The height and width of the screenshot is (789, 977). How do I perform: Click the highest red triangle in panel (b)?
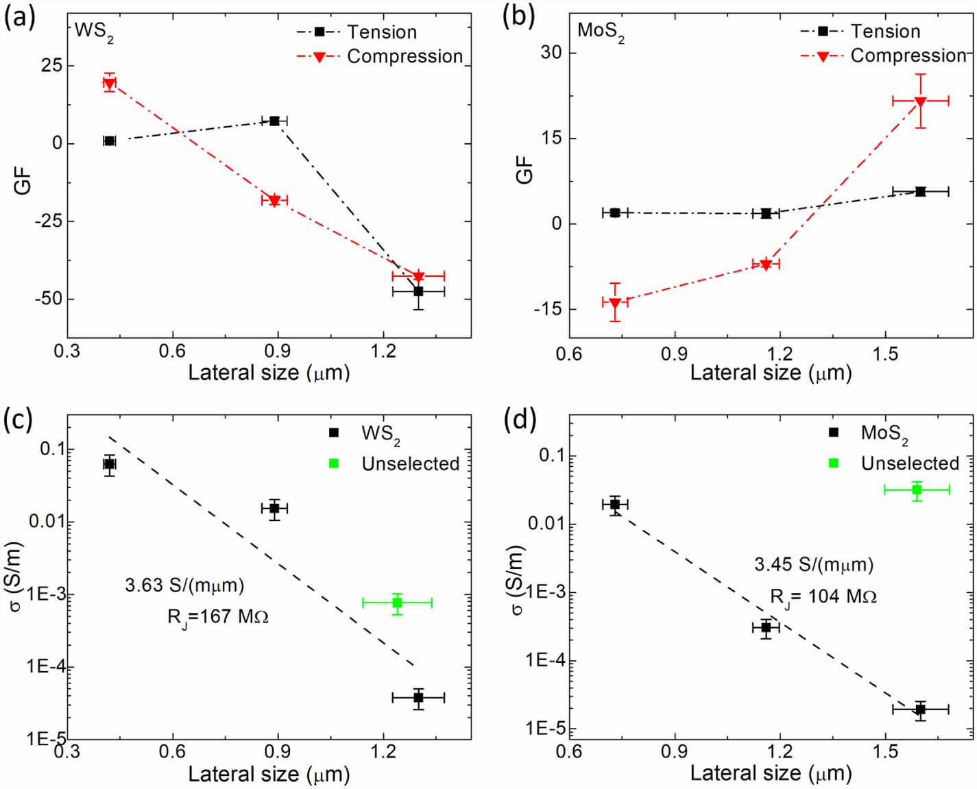pyautogui.click(x=920, y=101)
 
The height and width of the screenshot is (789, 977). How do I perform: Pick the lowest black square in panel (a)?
pyautogui.click(x=418, y=291)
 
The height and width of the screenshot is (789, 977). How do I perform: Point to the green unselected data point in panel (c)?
pyautogui.click(x=397, y=603)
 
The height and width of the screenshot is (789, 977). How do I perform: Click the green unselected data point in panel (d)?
pyautogui.click(x=917, y=489)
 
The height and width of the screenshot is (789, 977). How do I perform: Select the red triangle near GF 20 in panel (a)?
pyautogui.click(x=109, y=83)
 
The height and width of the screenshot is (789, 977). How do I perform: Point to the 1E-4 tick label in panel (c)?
pyautogui.click(x=47, y=666)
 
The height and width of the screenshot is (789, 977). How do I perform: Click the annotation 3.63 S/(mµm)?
pyautogui.click(x=184, y=585)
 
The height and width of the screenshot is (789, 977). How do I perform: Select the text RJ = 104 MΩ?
pyautogui.click(x=823, y=597)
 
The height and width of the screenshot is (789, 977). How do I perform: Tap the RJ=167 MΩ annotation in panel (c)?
pyautogui.click(x=217, y=618)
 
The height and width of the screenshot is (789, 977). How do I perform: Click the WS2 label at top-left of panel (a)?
pyautogui.click(x=93, y=32)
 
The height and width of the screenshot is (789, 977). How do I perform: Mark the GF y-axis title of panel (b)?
pyautogui.click(x=524, y=169)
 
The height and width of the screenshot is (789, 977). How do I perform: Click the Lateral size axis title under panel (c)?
pyautogui.click(x=269, y=774)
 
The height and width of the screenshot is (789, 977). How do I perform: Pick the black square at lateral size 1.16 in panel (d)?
pyautogui.click(x=766, y=627)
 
